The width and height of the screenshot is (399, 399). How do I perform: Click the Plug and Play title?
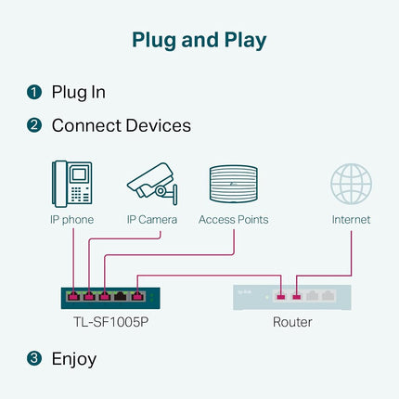tap(199, 41)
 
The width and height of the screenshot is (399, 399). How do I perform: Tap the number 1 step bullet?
tap(34, 92)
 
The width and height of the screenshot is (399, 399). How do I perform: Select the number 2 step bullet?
tap(34, 125)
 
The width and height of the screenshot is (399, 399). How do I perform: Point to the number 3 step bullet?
tap(34, 358)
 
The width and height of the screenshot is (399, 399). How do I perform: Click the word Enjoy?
tap(74, 360)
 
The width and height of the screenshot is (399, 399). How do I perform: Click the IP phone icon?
tap(72, 184)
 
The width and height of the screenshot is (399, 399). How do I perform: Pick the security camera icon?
tap(152, 184)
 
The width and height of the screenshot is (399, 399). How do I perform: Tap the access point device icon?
tap(234, 184)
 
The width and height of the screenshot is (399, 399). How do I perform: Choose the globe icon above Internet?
tap(351, 184)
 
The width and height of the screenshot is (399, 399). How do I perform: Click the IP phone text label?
tap(72, 220)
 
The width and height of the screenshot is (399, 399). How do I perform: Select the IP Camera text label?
tap(152, 220)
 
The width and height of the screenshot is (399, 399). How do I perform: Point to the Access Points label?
tap(234, 220)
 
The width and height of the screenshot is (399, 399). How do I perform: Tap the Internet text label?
tap(351, 220)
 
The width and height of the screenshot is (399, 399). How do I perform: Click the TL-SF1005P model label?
tap(110, 322)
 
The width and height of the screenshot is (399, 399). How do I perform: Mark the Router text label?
tap(292, 322)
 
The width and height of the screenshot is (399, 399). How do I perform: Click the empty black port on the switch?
tap(121, 296)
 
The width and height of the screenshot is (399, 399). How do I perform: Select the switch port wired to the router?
tap(137, 296)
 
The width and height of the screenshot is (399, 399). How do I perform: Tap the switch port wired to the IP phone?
tap(73, 296)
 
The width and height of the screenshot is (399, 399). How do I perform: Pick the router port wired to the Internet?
tap(296, 296)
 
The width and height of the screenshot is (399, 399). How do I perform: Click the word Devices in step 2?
tap(159, 125)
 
